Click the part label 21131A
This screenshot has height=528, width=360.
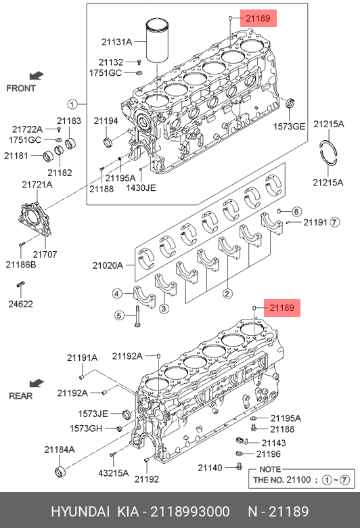116,42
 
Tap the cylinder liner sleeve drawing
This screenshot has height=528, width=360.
157,41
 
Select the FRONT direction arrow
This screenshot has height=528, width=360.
37,75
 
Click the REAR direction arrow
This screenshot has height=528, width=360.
37,383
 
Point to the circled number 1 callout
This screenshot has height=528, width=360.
72,104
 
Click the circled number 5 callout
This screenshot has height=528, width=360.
119,315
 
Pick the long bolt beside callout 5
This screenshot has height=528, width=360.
137,316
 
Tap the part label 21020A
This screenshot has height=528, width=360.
108,265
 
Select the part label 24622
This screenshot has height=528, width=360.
21,304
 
